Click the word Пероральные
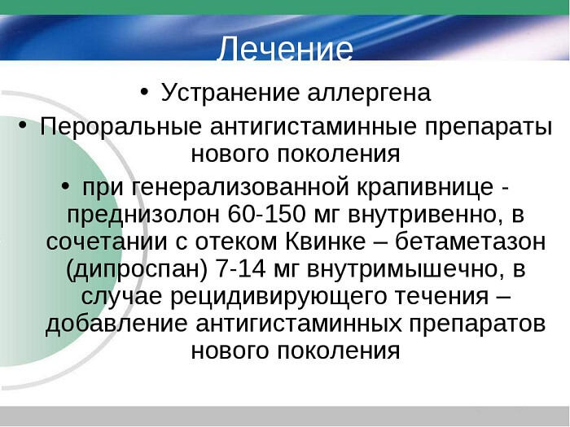[120, 127]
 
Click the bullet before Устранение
[144, 90]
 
